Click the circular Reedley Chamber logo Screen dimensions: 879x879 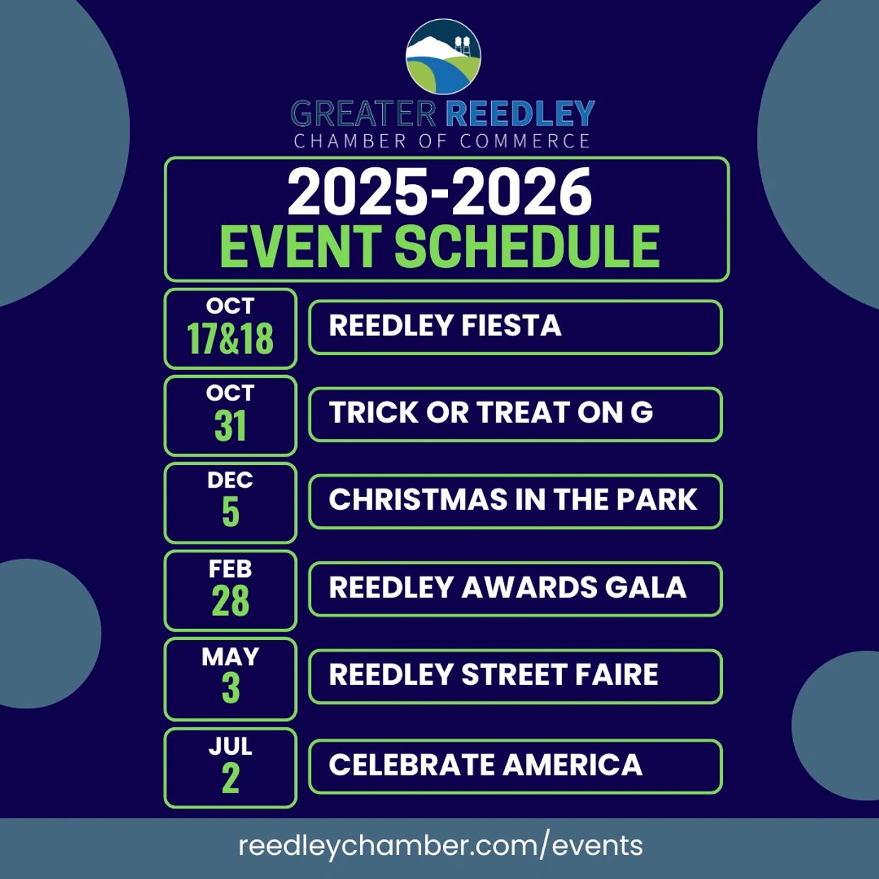click(x=443, y=57)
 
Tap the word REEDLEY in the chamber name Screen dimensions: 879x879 click(x=520, y=113)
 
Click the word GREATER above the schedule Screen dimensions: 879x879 click(x=364, y=113)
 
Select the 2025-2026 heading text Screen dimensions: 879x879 click(x=439, y=191)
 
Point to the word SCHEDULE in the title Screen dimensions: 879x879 click(x=527, y=246)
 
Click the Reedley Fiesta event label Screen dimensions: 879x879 click(x=444, y=325)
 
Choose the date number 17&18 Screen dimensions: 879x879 click(x=230, y=338)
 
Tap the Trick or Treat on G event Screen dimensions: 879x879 click(x=491, y=413)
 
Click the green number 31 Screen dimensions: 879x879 click(x=230, y=425)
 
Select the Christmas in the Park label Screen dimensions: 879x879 click(x=513, y=500)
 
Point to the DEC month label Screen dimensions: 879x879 click(x=230, y=480)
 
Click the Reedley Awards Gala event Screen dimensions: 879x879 click(x=508, y=587)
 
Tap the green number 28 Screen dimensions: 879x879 click(x=230, y=600)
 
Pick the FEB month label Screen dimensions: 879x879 click(x=230, y=569)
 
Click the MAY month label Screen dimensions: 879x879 click(x=230, y=657)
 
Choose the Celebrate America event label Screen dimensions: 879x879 click(x=486, y=764)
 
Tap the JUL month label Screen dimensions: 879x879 click(x=230, y=746)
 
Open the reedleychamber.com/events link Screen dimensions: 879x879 click(x=441, y=845)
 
